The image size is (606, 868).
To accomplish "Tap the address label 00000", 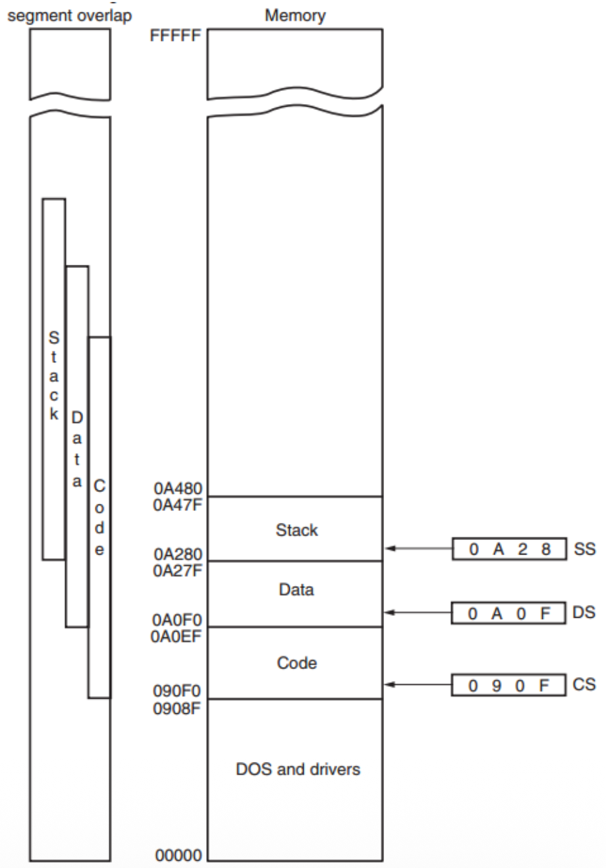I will [179, 855].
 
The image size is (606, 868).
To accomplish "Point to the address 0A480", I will [178, 489].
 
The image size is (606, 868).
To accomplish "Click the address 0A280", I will [178, 555].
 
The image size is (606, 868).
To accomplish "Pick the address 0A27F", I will [178, 569].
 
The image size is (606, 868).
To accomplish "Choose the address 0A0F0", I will [178, 620].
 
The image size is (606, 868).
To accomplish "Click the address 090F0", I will [178, 692].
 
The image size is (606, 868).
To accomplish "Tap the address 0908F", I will [178, 708].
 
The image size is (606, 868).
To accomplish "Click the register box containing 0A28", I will [509, 549].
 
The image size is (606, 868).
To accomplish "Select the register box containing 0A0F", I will [509, 612].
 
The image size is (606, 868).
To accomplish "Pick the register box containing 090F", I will [509, 685].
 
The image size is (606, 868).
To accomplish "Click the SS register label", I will [584, 549].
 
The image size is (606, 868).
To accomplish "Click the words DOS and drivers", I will [298, 769].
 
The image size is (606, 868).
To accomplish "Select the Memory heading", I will [295, 15].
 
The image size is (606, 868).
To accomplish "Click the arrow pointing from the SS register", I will [418, 548].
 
